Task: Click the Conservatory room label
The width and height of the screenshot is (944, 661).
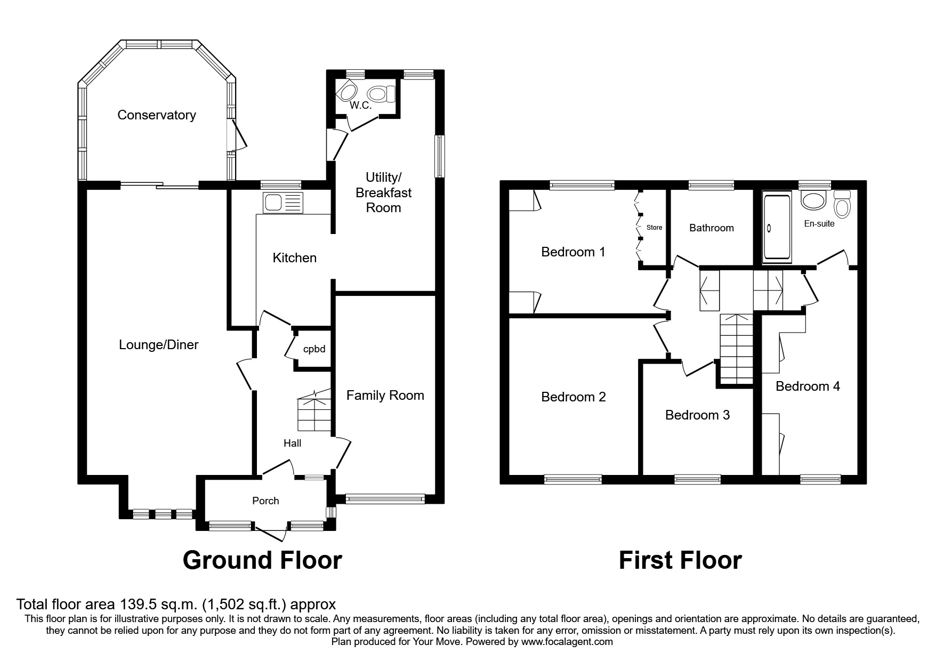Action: [x=157, y=115]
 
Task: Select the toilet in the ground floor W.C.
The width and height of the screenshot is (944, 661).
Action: [x=382, y=94]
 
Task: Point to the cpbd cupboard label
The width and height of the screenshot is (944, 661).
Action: [x=314, y=350]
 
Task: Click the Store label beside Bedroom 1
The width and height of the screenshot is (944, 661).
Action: [x=654, y=228]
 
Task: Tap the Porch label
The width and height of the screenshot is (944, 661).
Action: [x=265, y=501]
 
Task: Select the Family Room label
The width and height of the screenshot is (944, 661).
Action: [x=385, y=396]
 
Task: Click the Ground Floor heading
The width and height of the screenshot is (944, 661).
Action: [x=262, y=560]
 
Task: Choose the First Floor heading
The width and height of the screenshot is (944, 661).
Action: [x=680, y=560]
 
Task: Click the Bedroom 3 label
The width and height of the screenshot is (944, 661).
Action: [x=697, y=415]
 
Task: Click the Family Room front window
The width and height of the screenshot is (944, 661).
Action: [x=385, y=499]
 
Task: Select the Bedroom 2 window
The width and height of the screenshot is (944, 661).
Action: [x=573, y=480]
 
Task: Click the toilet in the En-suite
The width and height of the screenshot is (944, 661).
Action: [x=842, y=204]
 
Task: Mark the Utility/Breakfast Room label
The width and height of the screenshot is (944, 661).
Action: [x=384, y=192]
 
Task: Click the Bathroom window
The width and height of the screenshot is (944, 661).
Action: [x=712, y=186]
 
